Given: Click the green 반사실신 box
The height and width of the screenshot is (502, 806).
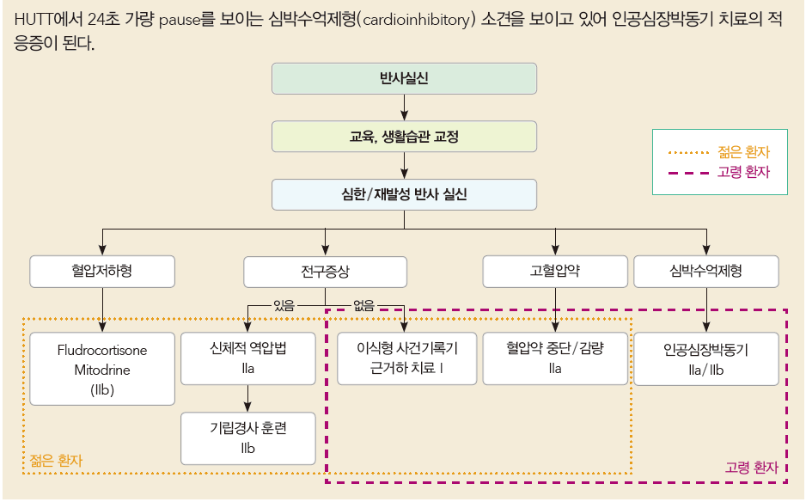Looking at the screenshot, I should tap(404, 78).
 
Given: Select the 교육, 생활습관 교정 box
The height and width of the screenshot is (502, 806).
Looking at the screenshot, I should tap(404, 137).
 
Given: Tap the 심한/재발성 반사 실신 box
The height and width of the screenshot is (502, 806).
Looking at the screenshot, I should tap(404, 194).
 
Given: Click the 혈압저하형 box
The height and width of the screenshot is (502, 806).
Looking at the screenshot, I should tap(102, 272).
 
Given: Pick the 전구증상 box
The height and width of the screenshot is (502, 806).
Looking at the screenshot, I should tap(325, 272).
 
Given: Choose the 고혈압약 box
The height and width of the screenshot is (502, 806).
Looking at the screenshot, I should tap(555, 272).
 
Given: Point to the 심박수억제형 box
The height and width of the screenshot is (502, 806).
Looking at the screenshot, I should tap(706, 272).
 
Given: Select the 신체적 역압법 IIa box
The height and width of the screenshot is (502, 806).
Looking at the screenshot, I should tap(248, 358).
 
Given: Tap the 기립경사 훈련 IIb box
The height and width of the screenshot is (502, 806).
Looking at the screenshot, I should tap(248, 438).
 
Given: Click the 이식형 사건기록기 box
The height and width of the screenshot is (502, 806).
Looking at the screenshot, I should tap(406, 358).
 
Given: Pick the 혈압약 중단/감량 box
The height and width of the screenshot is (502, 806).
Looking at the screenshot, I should tap(555, 358).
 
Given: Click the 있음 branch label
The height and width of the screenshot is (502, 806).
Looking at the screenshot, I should tap(283, 303).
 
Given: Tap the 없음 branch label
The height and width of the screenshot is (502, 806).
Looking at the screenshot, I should tap(364, 303).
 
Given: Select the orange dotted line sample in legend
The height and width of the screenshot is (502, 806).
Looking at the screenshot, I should tap(690, 153).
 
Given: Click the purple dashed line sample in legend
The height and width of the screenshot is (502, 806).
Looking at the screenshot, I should tap(690, 172).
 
